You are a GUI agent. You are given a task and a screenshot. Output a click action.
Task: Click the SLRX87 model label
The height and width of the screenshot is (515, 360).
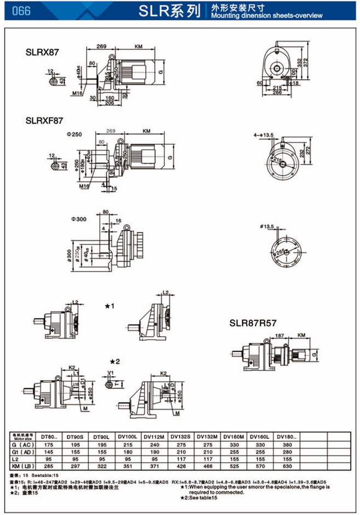coord(42,53)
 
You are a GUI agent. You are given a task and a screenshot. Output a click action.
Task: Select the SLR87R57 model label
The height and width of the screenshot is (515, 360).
coord(254,324)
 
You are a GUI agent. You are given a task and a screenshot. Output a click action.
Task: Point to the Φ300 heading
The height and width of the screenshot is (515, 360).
coord(78,219)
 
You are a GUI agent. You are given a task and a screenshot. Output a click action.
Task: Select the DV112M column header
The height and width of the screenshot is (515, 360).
coord(153,437)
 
